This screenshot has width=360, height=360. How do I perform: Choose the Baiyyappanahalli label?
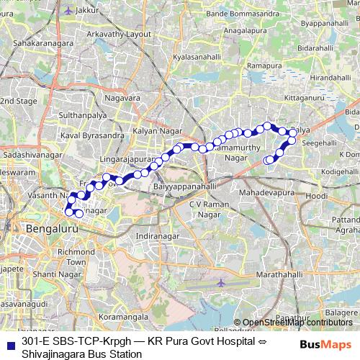point(185,186)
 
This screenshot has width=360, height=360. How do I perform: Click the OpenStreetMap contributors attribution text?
point(298,322)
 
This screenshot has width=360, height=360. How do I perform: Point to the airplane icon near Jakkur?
point(68,11)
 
